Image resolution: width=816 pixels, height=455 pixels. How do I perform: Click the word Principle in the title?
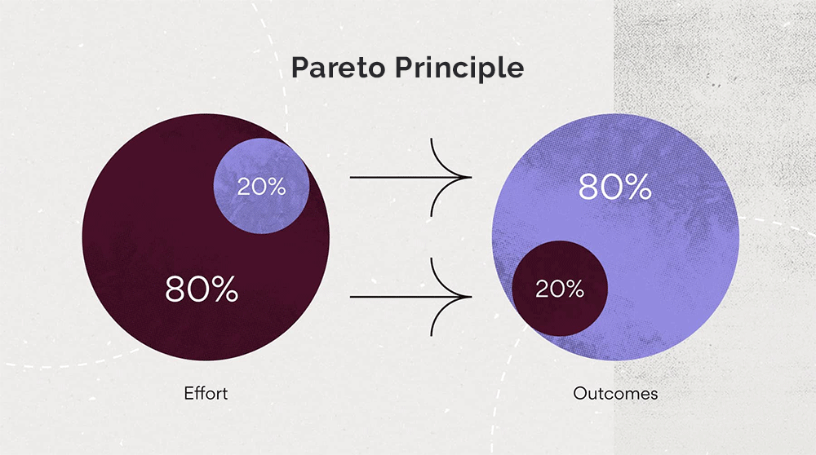pyautogui.click(x=459, y=68)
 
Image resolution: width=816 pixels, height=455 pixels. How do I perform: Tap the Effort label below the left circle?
pyautogui.click(x=206, y=393)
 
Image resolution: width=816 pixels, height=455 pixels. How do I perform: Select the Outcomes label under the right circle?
pyautogui.click(x=615, y=394)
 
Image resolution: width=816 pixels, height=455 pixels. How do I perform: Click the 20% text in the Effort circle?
pyautogui.click(x=261, y=187)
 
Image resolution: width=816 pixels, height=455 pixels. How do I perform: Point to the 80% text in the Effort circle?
pyautogui.click(x=202, y=289)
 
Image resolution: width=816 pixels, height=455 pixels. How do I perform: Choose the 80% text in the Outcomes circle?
pyautogui.click(x=614, y=187)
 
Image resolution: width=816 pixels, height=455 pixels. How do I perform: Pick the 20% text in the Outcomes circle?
pyautogui.click(x=560, y=289)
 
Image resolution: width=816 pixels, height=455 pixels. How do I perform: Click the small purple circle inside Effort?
pyautogui.click(x=261, y=186)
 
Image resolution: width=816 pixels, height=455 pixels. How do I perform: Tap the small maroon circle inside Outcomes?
pyautogui.click(x=560, y=289)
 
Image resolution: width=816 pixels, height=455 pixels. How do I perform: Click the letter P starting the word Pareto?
pyautogui.click(x=301, y=68)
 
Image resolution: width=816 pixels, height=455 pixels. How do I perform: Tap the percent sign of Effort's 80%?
pyautogui.click(x=225, y=289)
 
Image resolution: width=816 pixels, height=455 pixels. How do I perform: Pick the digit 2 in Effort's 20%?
pyautogui.click(x=244, y=187)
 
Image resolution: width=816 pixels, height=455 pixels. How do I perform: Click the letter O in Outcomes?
pyautogui.click(x=579, y=394)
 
